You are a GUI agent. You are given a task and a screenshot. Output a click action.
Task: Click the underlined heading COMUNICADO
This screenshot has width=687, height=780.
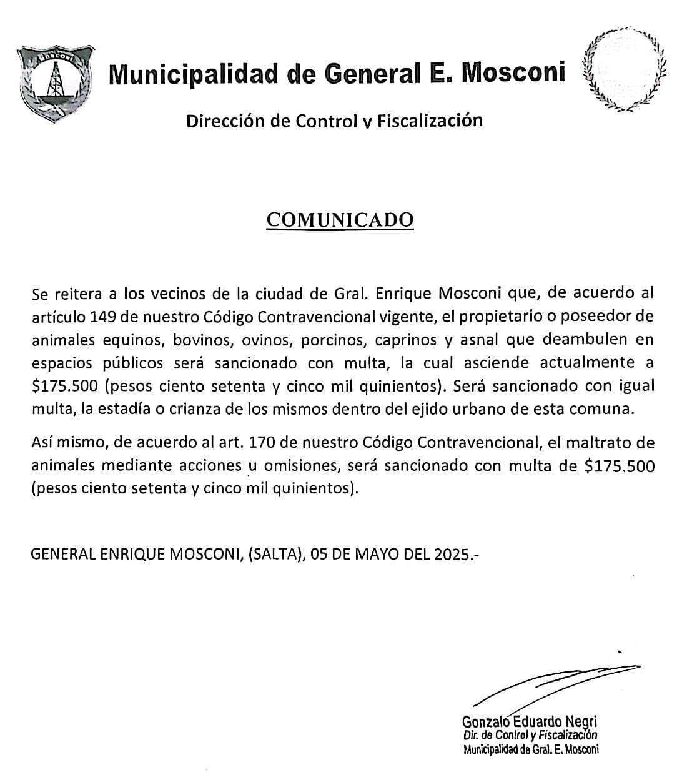(340, 220)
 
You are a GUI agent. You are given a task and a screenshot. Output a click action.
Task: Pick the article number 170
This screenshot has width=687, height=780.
(263, 443)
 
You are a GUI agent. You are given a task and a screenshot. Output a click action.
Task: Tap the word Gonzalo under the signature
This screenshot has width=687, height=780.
(484, 722)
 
